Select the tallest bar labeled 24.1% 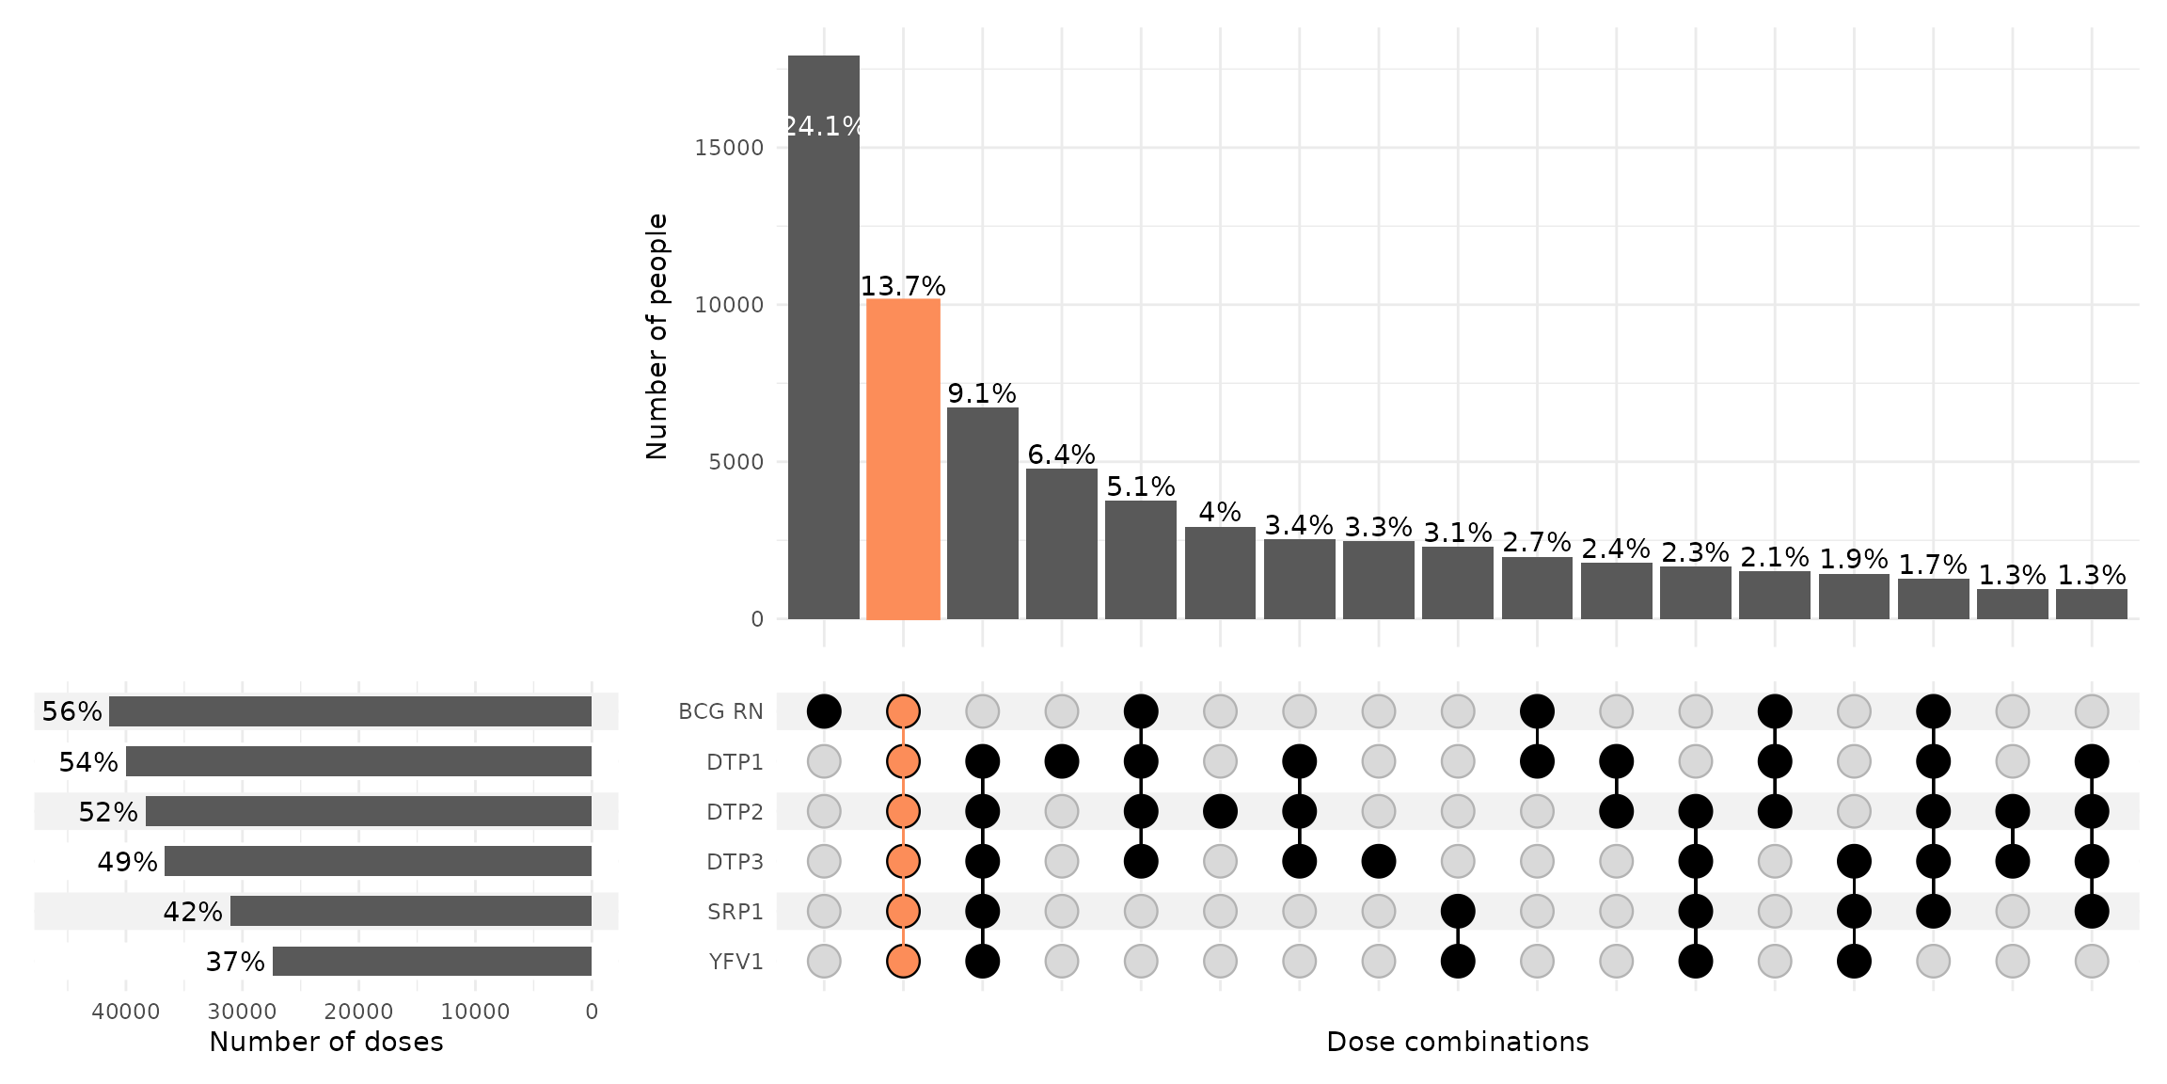click(824, 339)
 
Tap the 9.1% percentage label click(982, 393)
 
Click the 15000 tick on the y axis click(729, 148)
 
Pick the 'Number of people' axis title click(656, 336)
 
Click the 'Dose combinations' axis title click(1457, 1042)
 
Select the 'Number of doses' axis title click(325, 1042)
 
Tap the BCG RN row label click(720, 711)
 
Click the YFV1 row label click(736, 962)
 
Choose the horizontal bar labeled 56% click(350, 711)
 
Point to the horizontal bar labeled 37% click(432, 962)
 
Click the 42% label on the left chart click(193, 912)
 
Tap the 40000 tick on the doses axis click(125, 1012)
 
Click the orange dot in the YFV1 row click(903, 962)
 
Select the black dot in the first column click(824, 711)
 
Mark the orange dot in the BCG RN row click(903, 711)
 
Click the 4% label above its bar click(1220, 512)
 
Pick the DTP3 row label click(736, 862)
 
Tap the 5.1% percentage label click(1141, 486)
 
